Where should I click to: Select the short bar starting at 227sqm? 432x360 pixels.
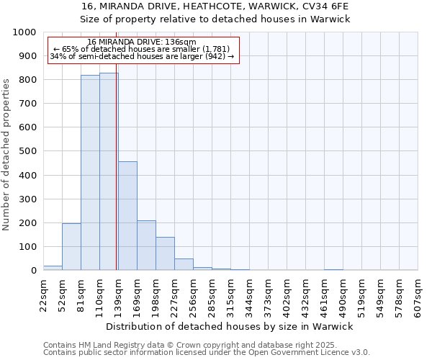(x=184, y=264)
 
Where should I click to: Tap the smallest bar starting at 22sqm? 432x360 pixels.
(x=53, y=268)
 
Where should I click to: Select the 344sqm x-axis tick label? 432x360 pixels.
(x=249, y=295)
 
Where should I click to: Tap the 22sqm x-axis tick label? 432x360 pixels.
(x=43, y=295)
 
